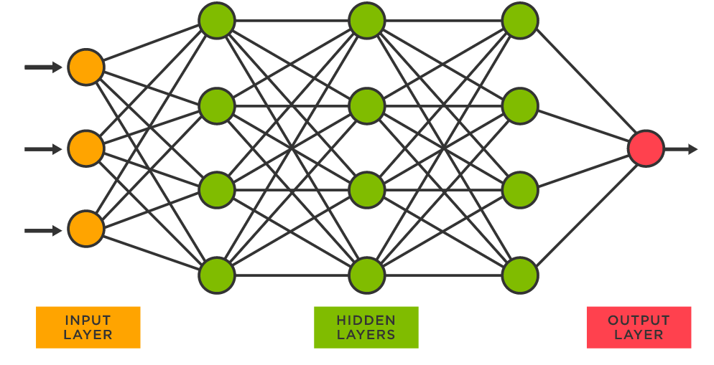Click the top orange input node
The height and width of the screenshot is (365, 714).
coord(86,67)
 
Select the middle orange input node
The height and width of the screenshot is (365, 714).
coord(86,149)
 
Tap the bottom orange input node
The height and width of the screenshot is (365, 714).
coord(86,230)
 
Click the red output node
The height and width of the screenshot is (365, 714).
coord(645,149)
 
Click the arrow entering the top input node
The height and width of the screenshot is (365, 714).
coord(43,67)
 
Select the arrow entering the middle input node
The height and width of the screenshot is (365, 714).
coord(43,149)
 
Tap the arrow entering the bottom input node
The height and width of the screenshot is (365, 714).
coord(43,230)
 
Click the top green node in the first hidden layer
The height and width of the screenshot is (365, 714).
coord(217,21)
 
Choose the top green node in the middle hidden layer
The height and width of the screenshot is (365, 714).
coord(368,21)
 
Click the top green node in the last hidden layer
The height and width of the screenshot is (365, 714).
coord(520,21)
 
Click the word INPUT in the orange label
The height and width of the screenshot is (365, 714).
coord(88,321)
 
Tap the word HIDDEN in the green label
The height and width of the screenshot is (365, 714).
coord(366,321)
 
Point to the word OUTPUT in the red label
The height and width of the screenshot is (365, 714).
coord(639,321)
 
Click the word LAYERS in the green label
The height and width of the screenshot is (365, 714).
coord(366,335)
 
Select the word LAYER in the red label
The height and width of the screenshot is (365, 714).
coord(639,335)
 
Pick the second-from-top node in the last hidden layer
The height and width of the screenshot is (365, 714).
coord(520,105)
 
